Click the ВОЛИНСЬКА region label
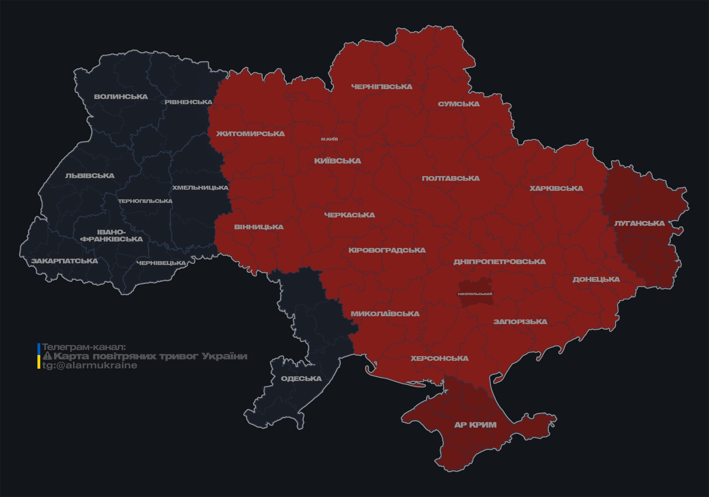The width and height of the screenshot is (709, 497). pyautogui.click(x=121, y=97)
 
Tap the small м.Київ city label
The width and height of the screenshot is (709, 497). pyautogui.click(x=329, y=139)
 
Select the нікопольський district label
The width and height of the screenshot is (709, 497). pyautogui.click(x=475, y=294)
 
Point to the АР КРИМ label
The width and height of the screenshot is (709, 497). pyautogui.click(x=475, y=425)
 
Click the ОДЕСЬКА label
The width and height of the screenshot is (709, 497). pyautogui.click(x=301, y=379)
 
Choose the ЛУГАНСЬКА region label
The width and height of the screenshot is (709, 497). pyautogui.click(x=639, y=224)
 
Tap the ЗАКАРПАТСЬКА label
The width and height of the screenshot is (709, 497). pyautogui.click(x=64, y=261)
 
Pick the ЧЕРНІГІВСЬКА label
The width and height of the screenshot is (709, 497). pyautogui.click(x=382, y=87)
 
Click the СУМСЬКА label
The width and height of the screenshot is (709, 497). pyautogui.click(x=459, y=104)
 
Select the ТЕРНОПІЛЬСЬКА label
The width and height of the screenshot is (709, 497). pyautogui.click(x=145, y=201)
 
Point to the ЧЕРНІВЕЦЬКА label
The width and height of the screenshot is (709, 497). pyautogui.click(x=161, y=263)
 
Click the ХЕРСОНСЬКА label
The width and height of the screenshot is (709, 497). pyautogui.click(x=440, y=359)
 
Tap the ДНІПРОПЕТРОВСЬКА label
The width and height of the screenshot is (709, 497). pyautogui.click(x=499, y=262)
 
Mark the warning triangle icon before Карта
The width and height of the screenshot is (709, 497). pyautogui.click(x=47, y=356)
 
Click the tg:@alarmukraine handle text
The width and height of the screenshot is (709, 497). pyautogui.click(x=90, y=365)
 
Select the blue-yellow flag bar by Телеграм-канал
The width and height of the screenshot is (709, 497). pyautogui.click(x=39, y=356)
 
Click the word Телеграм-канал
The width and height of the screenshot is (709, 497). pyautogui.click(x=84, y=347)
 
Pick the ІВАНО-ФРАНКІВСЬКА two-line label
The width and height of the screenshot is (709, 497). pyautogui.click(x=112, y=236)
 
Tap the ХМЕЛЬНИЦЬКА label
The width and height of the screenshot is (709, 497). pyautogui.click(x=200, y=188)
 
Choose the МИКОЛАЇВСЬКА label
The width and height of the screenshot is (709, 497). pyautogui.click(x=385, y=314)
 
